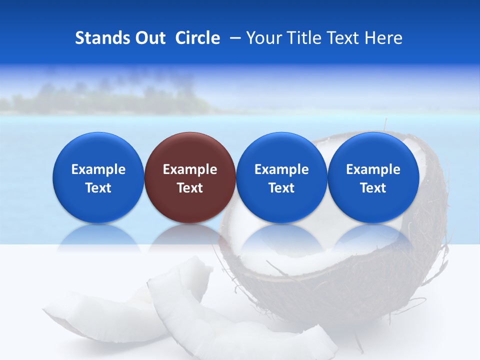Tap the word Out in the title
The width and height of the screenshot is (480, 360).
(x=148, y=38)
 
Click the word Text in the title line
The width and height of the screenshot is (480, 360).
(x=343, y=38)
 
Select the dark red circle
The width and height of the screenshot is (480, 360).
(x=190, y=177)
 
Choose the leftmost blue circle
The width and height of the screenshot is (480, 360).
(x=98, y=177)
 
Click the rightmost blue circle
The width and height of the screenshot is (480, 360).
(x=373, y=177)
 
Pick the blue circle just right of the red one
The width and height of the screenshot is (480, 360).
(x=281, y=177)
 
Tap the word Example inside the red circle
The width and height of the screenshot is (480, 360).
(x=190, y=169)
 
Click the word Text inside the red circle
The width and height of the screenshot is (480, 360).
(x=190, y=188)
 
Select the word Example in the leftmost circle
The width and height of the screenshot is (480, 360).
(x=98, y=169)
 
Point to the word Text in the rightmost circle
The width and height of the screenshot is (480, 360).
(x=373, y=188)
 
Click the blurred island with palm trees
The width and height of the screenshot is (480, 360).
(x=110, y=97)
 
